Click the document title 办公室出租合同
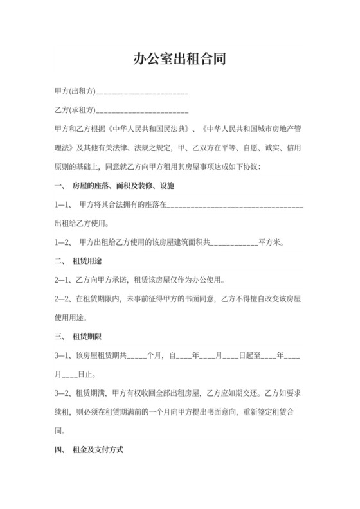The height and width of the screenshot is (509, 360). tap(179, 60)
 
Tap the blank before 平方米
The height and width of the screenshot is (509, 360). tap(234, 244)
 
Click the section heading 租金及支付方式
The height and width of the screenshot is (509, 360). tap(103, 450)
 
